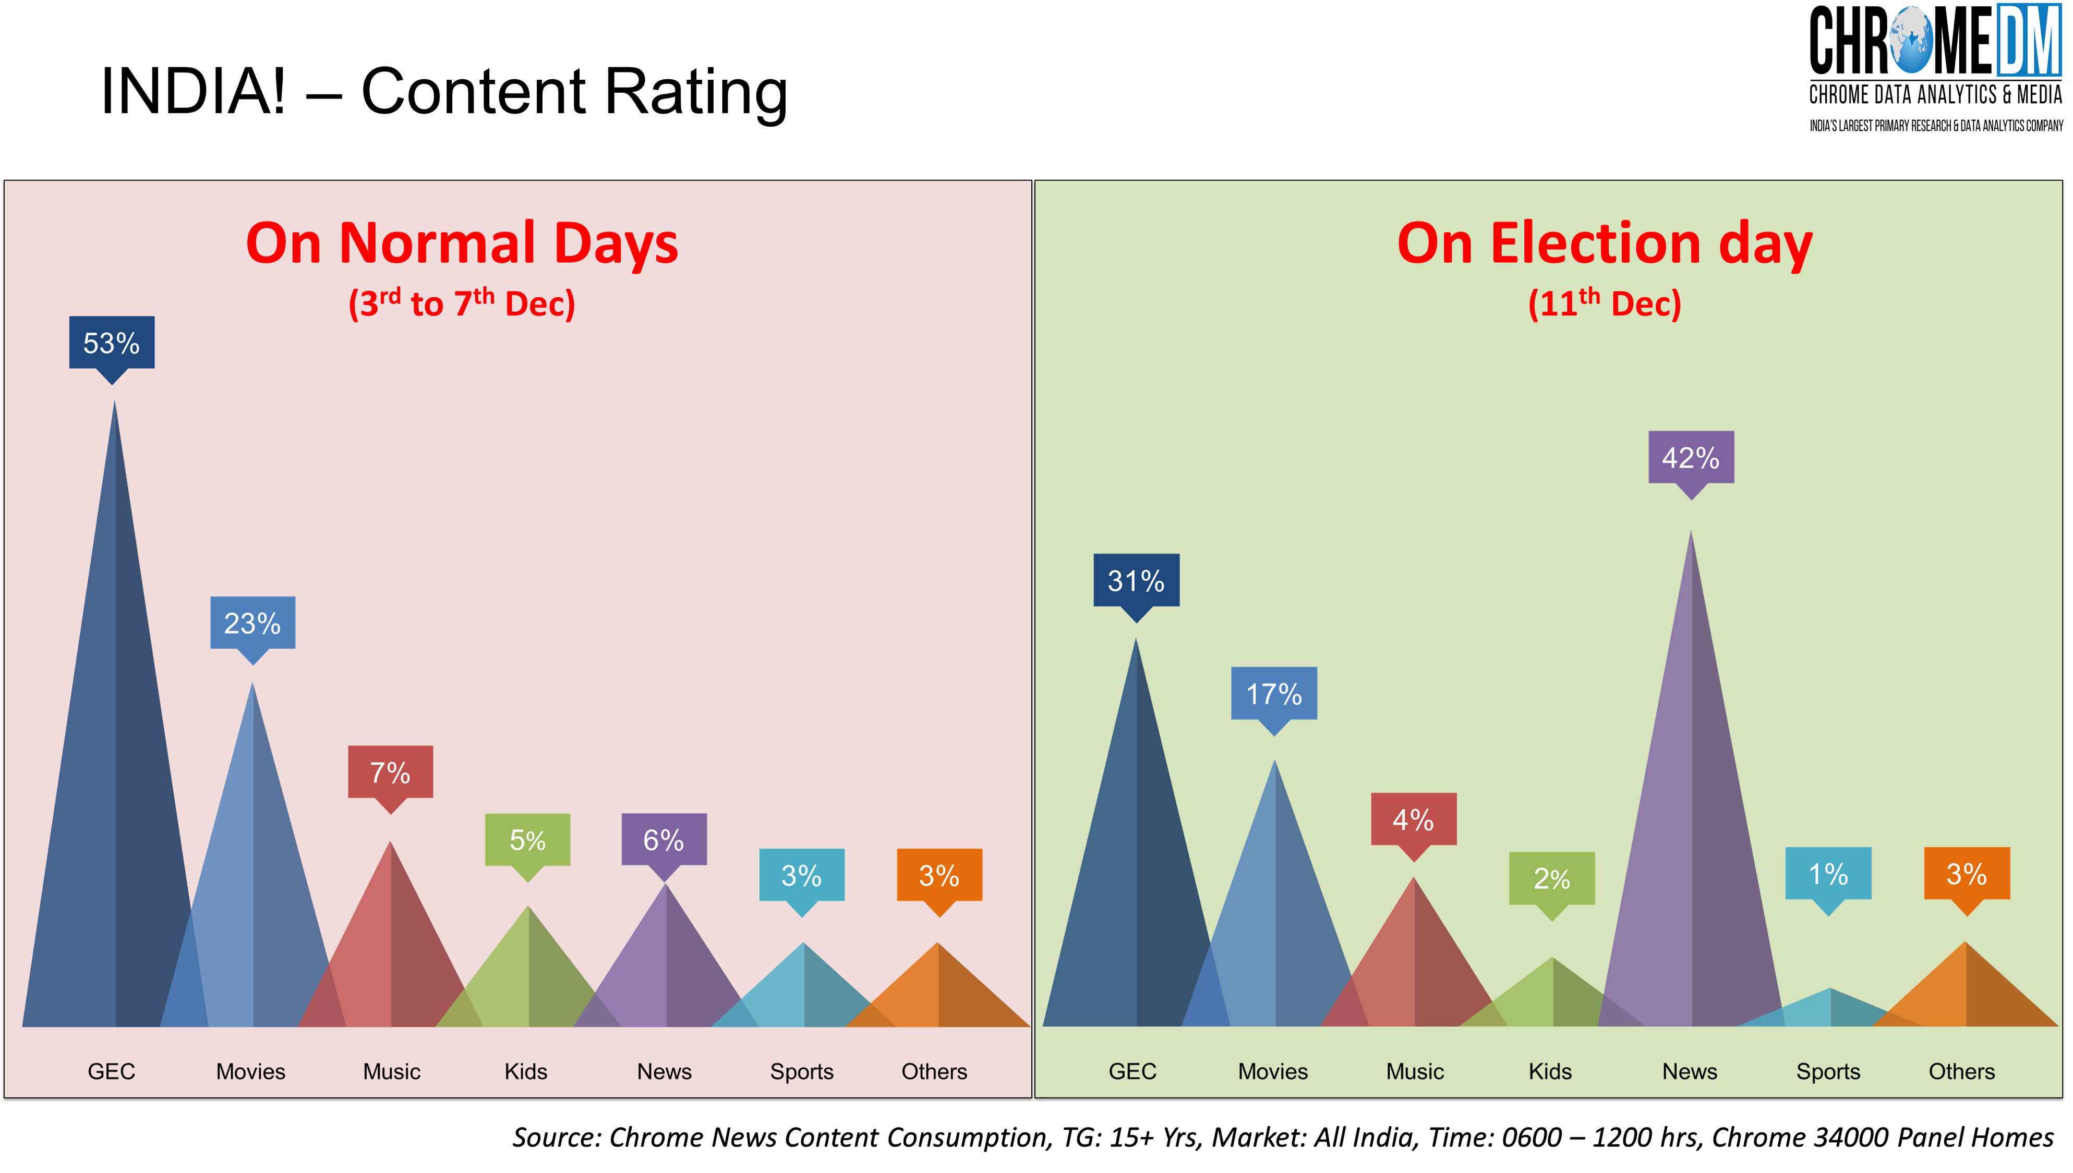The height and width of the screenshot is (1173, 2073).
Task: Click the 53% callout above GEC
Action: (111, 343)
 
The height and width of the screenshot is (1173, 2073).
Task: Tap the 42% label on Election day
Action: (1690, 458)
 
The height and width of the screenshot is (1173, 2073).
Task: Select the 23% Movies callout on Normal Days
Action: (252, 623)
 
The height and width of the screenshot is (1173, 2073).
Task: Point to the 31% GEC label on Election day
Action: (1136, 580)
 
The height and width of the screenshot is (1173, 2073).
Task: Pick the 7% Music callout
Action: (390, 772)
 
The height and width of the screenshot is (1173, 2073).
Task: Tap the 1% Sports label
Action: (1828, 873)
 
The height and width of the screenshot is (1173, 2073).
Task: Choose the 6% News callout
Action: (664, 839)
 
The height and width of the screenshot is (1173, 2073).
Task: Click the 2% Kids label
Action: (1551, 878)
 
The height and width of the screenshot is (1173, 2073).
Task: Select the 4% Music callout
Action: (1413, 820)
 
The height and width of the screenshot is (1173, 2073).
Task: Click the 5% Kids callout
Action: (527, 839)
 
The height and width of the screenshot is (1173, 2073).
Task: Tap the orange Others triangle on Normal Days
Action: (938, 991)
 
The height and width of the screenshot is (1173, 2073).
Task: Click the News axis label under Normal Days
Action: (664, 1071)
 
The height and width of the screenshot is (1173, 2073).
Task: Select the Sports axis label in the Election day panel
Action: (1828, 1071)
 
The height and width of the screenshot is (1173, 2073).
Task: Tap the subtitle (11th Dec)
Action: (1604, 304)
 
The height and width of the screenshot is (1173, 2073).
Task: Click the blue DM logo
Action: (2028, 40)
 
